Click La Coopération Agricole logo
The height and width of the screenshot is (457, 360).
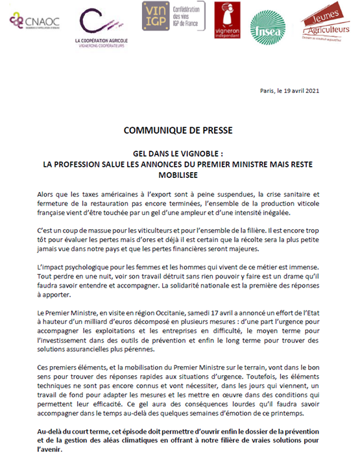(x=101, y=26)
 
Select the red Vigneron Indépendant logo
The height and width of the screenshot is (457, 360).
(x=226, y=20)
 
